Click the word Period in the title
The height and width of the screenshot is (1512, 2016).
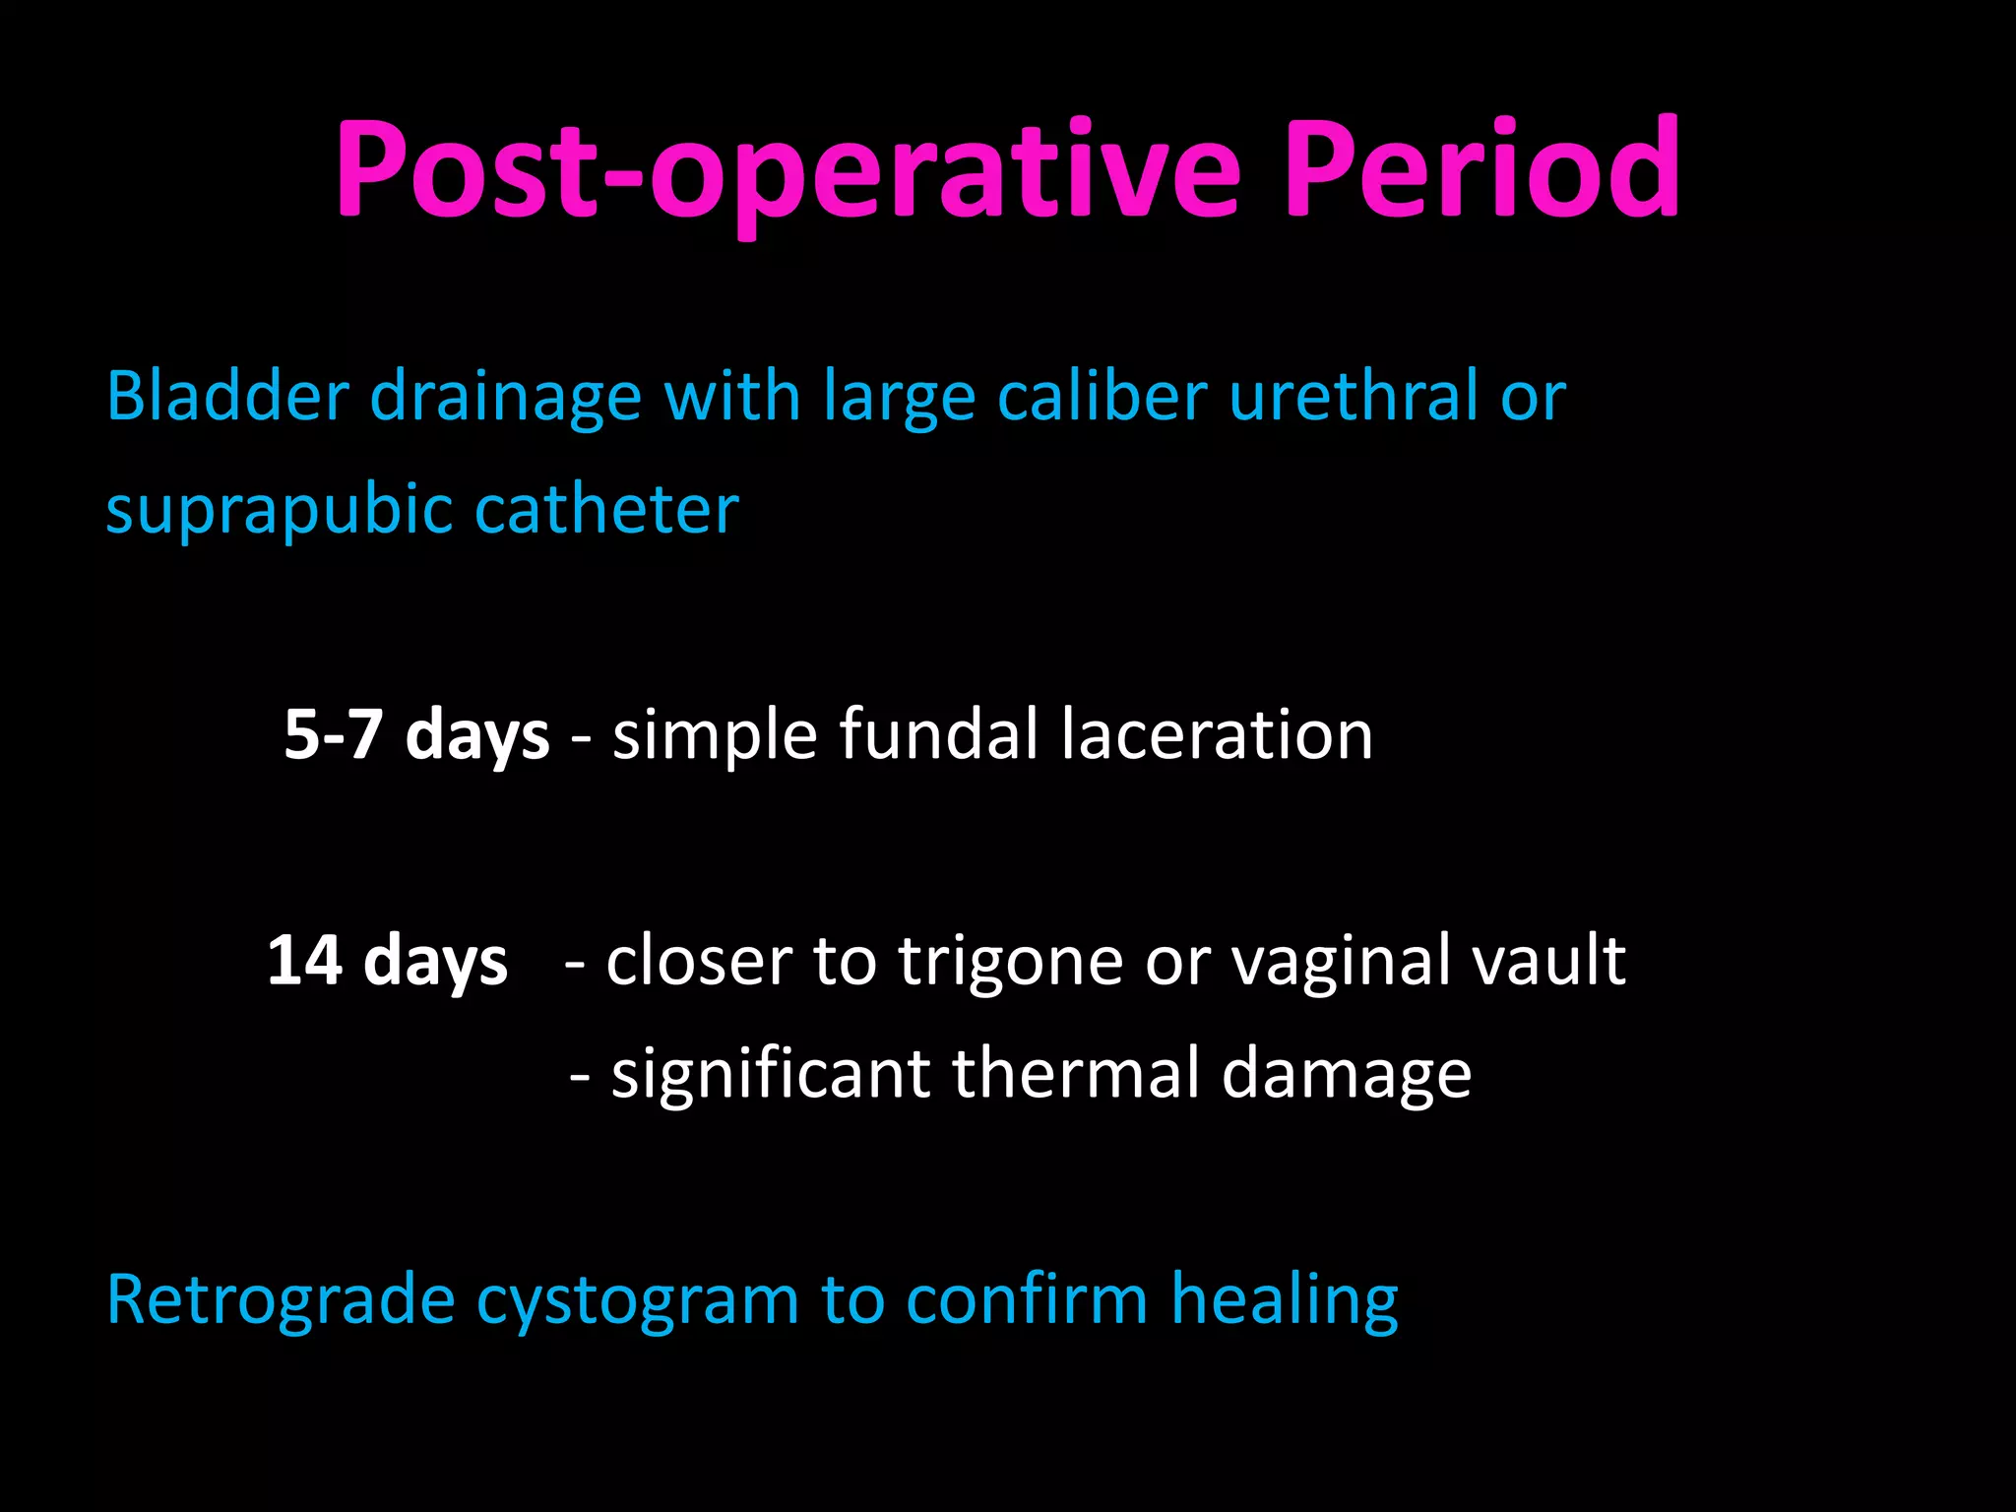point(1481,169)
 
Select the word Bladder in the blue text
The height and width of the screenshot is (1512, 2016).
point(226,396)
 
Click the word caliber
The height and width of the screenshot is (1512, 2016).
point(1102,396)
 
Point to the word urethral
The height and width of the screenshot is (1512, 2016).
point(1354,396)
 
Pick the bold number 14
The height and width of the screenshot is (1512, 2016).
point(304,961)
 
